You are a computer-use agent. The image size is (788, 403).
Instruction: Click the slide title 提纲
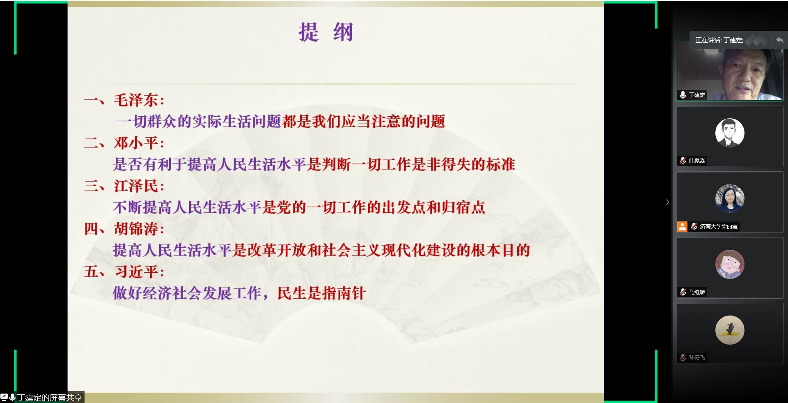tap(325, 32)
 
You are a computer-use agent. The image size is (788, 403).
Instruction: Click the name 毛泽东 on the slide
tap(135, 100)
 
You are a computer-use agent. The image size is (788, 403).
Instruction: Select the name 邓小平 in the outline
tap(135, 143)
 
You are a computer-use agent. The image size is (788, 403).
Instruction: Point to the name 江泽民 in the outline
tap(135, 186)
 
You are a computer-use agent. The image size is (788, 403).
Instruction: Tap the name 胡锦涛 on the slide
tap(135, 229)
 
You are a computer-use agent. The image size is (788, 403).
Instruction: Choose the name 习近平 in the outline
tap(135, 272)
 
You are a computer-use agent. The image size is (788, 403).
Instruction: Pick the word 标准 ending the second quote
tap(500, 165)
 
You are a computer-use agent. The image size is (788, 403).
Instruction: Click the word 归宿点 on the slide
tap(463, 207)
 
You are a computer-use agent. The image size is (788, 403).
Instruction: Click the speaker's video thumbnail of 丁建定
tap(729, 71)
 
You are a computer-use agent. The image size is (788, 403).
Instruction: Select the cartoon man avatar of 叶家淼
tap(730, 133)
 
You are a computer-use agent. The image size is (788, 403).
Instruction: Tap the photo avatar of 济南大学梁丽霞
tap(730, 198)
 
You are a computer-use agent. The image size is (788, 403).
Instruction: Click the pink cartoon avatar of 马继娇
tap(730, 264)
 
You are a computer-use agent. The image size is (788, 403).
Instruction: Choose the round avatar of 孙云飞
tap(730, 330)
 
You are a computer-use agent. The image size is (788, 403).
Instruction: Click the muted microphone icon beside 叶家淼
tap(683, 161)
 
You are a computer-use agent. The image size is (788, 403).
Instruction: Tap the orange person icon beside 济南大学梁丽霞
tap(682, 226)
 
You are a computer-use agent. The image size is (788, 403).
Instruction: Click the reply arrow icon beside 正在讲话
tap(779, 40)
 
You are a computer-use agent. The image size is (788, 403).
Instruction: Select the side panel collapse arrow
tap(667, 202)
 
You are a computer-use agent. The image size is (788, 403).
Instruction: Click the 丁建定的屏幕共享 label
tap(49, 397)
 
